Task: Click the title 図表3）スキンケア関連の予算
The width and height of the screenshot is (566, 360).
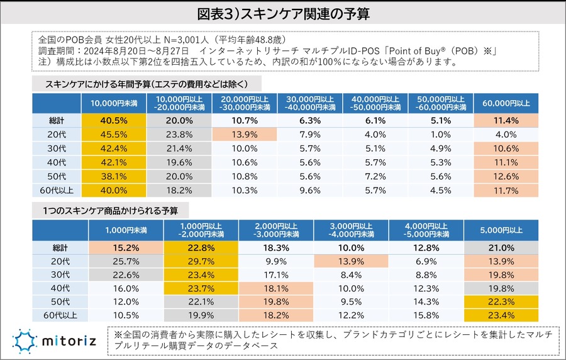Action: click(282, 13)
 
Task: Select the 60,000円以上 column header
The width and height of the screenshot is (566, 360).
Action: click(506, 103)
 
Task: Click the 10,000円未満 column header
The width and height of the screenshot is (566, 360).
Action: click(114, 103)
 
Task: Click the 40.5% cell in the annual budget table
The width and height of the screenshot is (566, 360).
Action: click(114, 120)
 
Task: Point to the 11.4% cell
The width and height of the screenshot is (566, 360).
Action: click(506, 120)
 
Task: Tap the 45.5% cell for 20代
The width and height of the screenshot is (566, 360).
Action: click(114, 134)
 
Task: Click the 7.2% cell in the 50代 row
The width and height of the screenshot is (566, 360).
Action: click(375, 176)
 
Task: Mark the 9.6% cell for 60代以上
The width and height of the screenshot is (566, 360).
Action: click(310, 189)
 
